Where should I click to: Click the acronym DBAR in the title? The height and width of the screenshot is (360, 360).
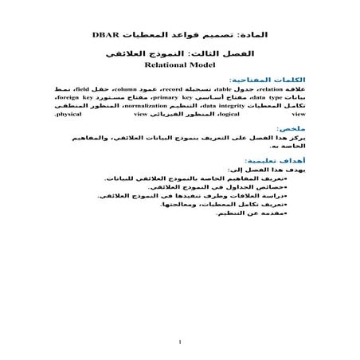(x=106, y=36)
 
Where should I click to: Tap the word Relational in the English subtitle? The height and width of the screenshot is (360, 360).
(x=160, y=68)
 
